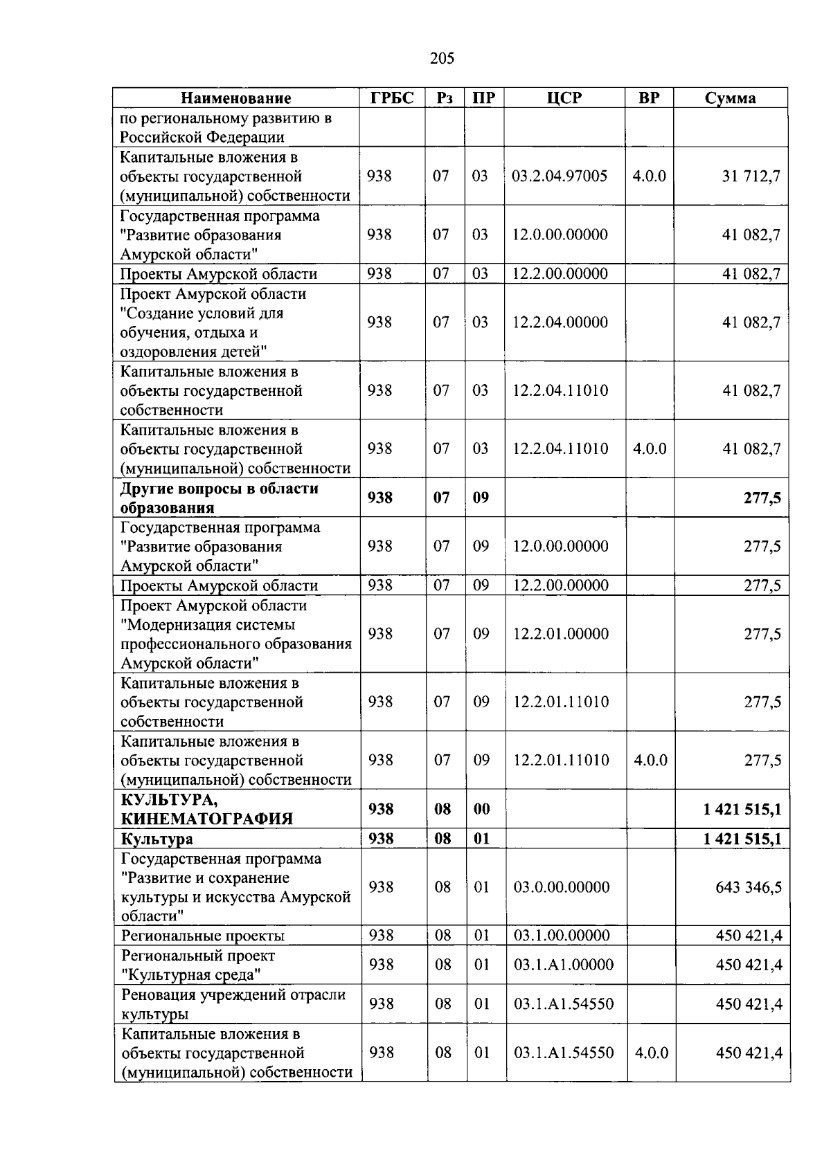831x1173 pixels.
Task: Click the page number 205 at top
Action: (x=442, y=58)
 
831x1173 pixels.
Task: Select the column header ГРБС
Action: (x=392, y=98)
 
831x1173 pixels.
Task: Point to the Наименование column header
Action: (x=236, y=98)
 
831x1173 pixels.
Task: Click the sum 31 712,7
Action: (x=751, y=176)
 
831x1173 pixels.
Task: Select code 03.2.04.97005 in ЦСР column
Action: (x=560, y=176)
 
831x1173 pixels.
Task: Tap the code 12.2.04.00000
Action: (x=560, y=322)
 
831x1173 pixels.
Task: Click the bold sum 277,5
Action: (x=762, y=498)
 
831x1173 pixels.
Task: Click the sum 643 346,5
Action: (x=749, y=887)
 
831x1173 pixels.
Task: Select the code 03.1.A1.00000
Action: (x=563, y=965)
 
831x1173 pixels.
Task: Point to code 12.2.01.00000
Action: (x=561, y=634)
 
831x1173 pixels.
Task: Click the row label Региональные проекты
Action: (x=203, y=936)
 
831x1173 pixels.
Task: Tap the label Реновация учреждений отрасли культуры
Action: (x=233, y=1004)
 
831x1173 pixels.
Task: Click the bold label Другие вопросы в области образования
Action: (x=219, y=498)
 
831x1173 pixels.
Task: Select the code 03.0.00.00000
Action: (x=562, y=887)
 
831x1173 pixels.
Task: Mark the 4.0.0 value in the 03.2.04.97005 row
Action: (x=649, y=176)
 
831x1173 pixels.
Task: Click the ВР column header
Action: (x=649, y=98)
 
